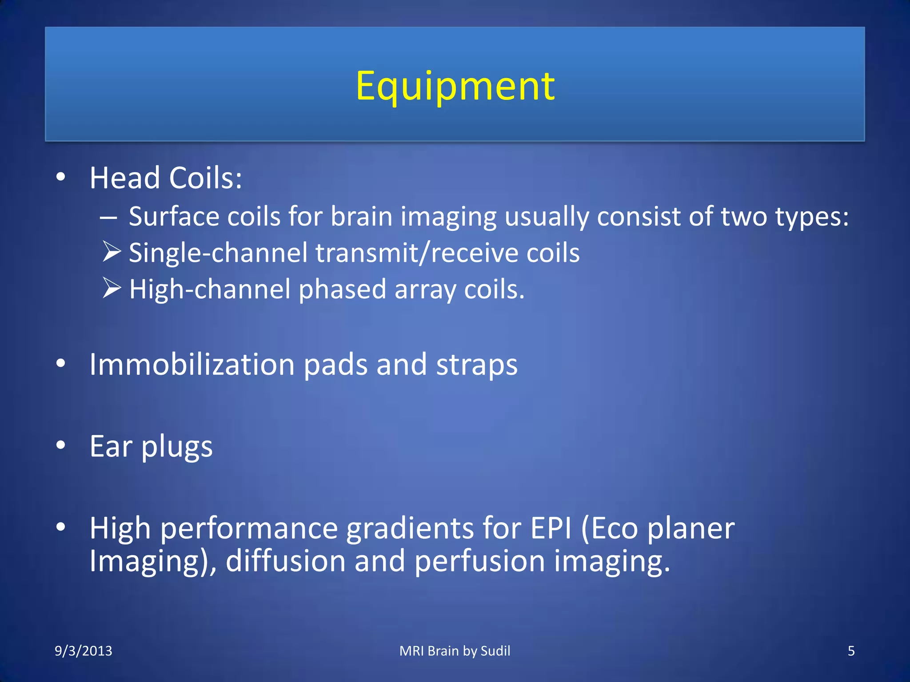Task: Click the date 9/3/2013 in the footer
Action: pyautogui.click(x=84, y=651)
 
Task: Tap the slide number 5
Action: pyautogui.click(x=851, y=651)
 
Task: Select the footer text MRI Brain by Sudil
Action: pyautogui.click(x=455, y=651)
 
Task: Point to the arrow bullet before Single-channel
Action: pyautogui.click(x=112, y=252)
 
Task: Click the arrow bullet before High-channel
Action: pyautogui.click(x=112, y=288)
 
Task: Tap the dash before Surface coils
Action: pyautogui.click(x=108, y=218)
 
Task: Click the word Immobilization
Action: pyautogui.click(x=192, y=365)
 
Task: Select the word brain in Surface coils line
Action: pyautogui.click(x=361, y=217)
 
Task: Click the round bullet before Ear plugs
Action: pyautogui.click(x=61, y=445)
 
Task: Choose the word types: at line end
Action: pyautogui.click(x=811, y=218)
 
